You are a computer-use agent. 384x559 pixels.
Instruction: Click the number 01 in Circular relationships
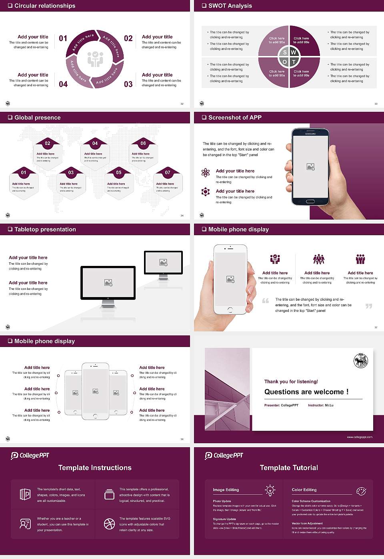pyautogui.click(x=63, y=38)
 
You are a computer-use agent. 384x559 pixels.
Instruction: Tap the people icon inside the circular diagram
pyautogui.click(x=95, y=59)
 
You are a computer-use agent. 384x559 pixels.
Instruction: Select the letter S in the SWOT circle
pyautogui.click(x=285, y=52)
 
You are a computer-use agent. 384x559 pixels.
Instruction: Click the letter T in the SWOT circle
pyautogui.click(x=294, y=62)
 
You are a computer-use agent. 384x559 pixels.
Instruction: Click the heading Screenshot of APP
pyautogui.click(x=235, y=117)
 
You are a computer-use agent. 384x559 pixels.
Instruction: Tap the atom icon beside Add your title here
pyautogui.click(x=206, y=172)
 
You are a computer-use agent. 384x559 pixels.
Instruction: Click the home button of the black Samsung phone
pyautogui.click(x=310, y=202)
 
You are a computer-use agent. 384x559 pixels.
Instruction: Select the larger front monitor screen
pyautogui.click(x=108, y=283)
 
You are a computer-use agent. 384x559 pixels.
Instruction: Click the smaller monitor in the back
pyautogui.click(x=163, y=262)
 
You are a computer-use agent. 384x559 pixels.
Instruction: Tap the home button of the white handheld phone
pyautogui.click(x=230, y=310)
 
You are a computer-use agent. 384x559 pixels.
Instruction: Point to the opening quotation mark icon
pyautogui.click(x=266, y=301)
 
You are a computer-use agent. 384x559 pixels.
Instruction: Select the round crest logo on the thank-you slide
pyautogui.click(x=361, y=361)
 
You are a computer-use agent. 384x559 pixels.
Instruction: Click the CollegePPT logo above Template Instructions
pyautogui.click(x=30, y=456)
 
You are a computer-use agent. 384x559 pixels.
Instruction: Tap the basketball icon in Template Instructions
pyautogui.click(x=109, y=524)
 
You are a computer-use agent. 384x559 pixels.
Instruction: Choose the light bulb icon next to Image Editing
pyautogui.click(x=270, y=490)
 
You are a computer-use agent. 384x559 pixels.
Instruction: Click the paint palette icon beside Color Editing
pyautogui.click(x=361, y=490)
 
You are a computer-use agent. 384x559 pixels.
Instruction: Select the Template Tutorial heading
pyautogui.click(x=289, y=468)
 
